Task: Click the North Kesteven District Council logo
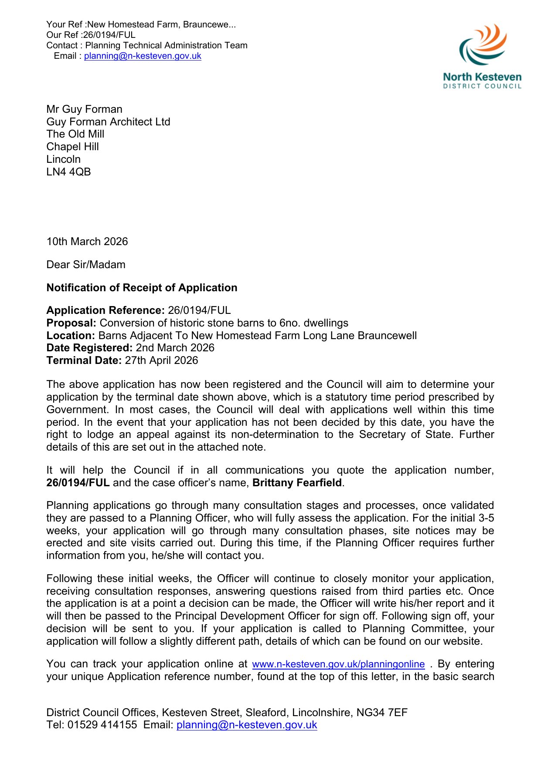point(482,57)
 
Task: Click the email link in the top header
point(143,56)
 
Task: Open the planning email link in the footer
point(247,725)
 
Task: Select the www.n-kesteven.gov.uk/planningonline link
point(338,664)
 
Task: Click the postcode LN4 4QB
point(68,172)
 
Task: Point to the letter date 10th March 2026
point(87,242)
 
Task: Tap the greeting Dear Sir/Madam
point(86,265)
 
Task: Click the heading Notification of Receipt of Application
point(142,288)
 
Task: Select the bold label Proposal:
point(71,323)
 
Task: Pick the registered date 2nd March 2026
point(175,348)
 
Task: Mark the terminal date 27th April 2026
point(161,360)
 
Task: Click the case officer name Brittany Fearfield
point(297,483)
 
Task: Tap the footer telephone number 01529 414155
point(102,725)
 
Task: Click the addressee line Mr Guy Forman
point(84,109)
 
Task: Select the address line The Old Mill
point(75,134)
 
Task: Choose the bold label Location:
point(71,336)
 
